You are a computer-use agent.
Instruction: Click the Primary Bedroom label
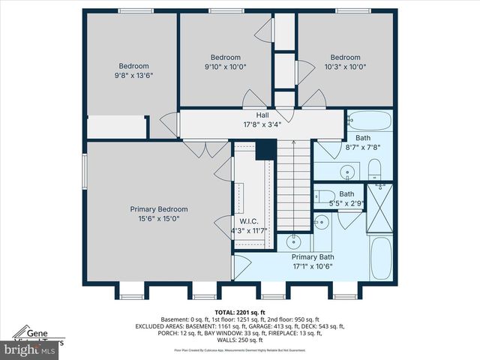tap(158, 209)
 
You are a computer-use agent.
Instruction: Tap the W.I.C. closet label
tap(249, 221)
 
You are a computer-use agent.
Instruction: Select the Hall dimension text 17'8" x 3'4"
tap(262, 125)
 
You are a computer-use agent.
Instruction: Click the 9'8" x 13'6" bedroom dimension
tap(133, 75)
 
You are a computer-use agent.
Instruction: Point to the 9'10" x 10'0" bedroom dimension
tap(225, 67)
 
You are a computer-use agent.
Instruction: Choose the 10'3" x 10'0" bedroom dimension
tap(346, 67)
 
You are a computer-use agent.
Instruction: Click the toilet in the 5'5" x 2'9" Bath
tap(320, 222)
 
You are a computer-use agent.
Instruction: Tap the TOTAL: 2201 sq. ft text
tap(239, 311)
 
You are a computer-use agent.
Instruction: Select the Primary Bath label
tap(313, 256)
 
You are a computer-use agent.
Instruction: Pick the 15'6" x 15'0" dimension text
tap(158, 218)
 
